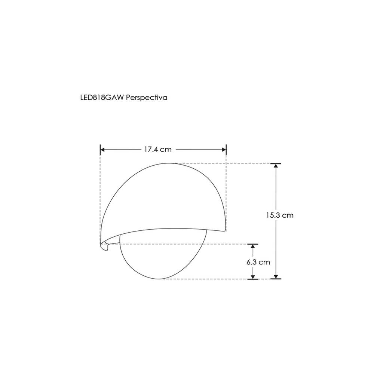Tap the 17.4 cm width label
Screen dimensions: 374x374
[x=157, y=149]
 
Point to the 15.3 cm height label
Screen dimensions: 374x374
[x=280, y=215]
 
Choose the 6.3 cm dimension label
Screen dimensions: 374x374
[x=258, y=262]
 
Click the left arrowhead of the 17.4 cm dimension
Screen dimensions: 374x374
[x=103, y=150]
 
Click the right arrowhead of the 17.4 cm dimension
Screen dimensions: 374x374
[x=224, y=150]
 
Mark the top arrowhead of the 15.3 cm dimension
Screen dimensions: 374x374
[x=276, y=166]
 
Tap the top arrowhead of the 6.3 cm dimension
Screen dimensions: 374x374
[x=253, y=248]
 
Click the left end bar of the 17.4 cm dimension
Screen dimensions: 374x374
[x=100, y=150]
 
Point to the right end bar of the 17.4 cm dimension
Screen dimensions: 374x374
[x=227, y=150]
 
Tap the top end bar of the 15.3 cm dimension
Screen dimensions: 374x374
[x=276, y=163]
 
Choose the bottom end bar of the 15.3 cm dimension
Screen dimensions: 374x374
[x=276, y=279]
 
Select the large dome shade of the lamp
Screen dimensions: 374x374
[x=165, y=198]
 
